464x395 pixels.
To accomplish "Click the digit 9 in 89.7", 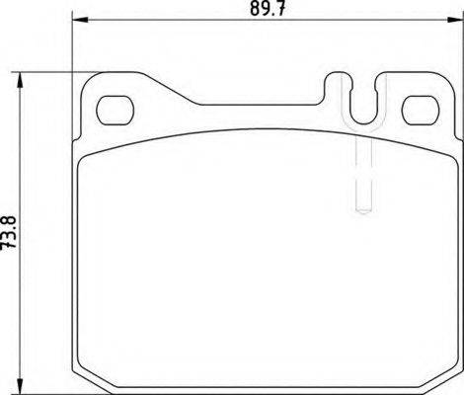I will point(259,13).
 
